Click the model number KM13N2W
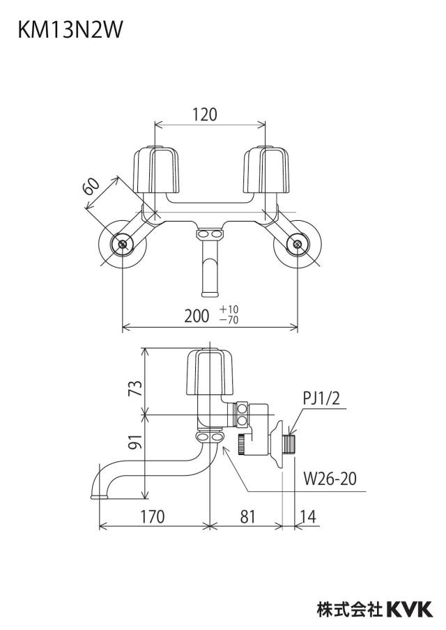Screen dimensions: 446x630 [x=70, y=30]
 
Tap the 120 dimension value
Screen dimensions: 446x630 [x=204, y=114]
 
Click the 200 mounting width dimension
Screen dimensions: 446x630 [x=197, y=316]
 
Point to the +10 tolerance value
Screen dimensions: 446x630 [x=229, y=309]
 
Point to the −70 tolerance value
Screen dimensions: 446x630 [x=229, y=320]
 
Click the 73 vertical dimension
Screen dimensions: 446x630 [x=137, y=389]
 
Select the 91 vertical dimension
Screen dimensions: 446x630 [x=137, y=442]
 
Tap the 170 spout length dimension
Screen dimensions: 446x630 [x=153, y=516]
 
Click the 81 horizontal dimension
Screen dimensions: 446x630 [x=247, y=516]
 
